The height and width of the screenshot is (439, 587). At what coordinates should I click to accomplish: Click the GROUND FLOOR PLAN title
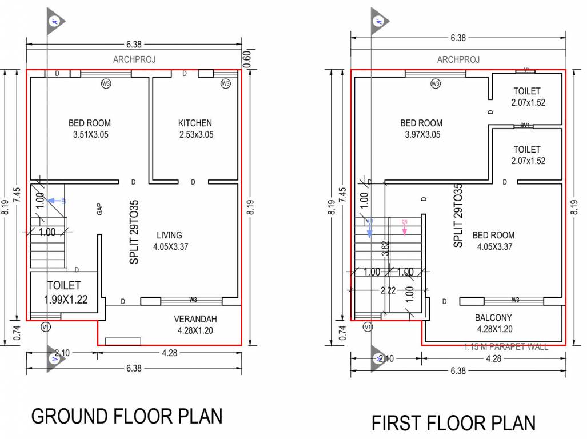point(126,416)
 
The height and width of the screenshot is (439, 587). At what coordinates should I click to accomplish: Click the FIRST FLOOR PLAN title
point(453,424)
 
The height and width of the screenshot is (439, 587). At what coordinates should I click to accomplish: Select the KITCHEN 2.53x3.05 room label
point(195,129)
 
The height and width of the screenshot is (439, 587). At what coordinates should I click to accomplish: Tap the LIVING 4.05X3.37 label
point(170,241)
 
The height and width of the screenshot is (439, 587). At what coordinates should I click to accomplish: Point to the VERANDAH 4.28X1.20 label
point(195,324)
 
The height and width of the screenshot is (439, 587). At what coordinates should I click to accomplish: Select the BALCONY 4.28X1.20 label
point(493,323)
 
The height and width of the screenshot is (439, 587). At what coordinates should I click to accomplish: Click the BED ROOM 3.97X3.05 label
point(421,129)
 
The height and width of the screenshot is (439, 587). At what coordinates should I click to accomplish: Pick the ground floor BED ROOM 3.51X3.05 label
point(90,129)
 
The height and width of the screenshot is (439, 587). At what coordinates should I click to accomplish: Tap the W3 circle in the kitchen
point(225,84)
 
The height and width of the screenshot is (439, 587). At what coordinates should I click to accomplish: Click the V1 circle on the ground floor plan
point(46,327)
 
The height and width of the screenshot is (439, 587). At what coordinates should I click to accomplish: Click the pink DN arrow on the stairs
point(404,228)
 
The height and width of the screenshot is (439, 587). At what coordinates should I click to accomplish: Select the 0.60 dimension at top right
point(247,60)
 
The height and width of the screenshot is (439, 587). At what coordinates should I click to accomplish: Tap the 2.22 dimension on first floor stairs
point(388,290)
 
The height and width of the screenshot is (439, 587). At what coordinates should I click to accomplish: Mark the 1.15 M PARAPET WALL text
point(505,346)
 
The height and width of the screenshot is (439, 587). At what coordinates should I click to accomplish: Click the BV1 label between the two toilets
point(525,125)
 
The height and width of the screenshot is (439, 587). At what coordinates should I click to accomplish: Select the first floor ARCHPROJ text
point(458,59)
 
